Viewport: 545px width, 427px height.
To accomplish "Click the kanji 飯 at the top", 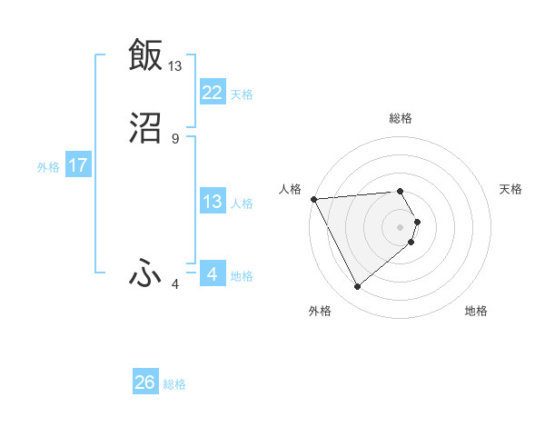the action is (145, 54).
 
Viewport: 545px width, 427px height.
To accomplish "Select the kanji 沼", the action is (145, 128).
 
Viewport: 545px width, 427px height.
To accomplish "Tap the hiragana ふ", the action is (145, 273).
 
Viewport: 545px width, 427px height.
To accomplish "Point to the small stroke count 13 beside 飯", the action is (175, 65).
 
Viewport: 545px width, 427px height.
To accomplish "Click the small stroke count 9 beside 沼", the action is (175, 138).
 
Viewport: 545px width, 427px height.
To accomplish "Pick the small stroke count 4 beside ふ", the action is (175, 284).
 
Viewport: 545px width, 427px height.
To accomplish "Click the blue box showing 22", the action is (213, 93).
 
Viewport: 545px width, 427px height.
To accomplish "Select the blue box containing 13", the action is (213, 202).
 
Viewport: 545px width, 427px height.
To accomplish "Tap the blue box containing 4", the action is (213, 274).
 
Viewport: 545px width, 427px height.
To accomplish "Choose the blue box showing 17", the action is (78, 166).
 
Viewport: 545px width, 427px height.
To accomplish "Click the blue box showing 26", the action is (145, 382).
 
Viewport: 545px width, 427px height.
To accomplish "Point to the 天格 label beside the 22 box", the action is (242, 94).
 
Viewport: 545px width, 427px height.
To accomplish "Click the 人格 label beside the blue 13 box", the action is (242, 204).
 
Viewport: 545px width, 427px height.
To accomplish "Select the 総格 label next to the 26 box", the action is (174, 384).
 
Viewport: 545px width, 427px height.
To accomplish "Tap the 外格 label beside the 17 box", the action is (48, 167).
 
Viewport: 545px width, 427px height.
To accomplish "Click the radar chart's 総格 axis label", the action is (401, 118).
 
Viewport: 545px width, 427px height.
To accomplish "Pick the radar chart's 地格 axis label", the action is (476, 311).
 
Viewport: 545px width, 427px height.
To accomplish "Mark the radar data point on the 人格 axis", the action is (312, 199).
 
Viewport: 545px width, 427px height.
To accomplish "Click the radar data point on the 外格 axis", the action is (357, 287).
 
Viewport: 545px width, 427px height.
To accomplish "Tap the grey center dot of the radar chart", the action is (401, 226).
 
